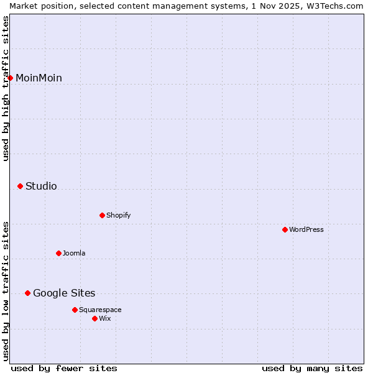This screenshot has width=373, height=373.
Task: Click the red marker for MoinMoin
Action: point(11,78)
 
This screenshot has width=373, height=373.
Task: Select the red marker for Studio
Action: point(21,186)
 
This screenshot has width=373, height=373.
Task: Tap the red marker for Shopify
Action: point(103,215)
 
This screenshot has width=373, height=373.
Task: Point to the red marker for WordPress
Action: point(285,229)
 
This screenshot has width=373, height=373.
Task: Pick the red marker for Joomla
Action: point(59,253)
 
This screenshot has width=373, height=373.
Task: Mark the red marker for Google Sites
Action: point(28,293)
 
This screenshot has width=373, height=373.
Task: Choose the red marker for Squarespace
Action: point(75,310)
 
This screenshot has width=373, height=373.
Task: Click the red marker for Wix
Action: point(95,318)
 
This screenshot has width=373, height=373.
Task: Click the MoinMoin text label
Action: point(39,78)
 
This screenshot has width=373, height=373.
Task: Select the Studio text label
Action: point(41,186)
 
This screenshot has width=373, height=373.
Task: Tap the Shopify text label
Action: point(118,215)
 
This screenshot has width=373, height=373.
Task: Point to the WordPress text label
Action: point(306,229)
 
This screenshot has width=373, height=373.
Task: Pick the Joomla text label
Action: point(74,253)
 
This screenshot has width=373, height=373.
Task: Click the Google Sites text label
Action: point(64,293)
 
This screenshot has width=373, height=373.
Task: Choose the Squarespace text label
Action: point(100,310)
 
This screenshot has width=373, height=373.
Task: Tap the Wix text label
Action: point(105,318)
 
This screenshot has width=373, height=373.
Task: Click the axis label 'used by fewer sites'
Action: point(64,368)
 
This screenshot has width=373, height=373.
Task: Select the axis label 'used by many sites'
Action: point(312,368)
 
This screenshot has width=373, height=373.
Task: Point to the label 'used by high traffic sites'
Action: point(6,88)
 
